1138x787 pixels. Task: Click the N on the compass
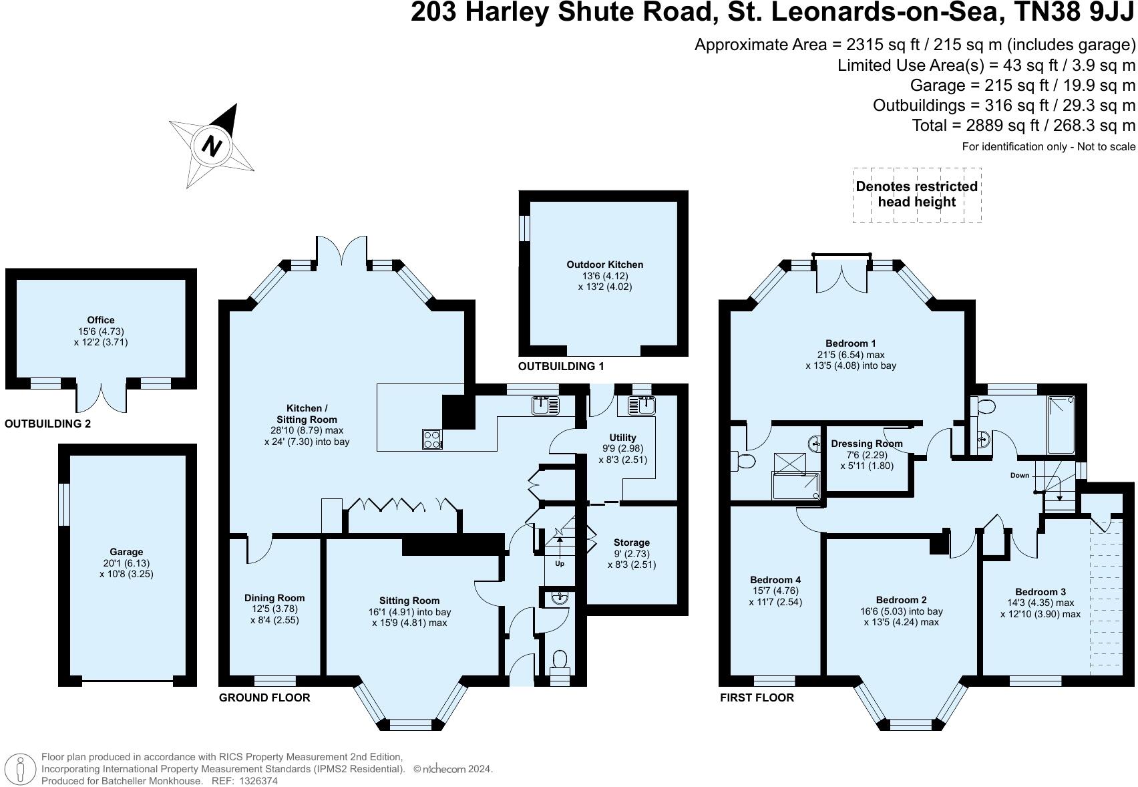[x=211, y=147]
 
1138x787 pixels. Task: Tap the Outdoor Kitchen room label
[x=604, y=265]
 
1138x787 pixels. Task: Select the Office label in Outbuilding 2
[x=101, y=320]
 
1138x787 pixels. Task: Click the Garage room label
[x=126, y=552]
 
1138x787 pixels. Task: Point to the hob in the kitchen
[x=432, y=439]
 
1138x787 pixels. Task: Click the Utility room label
[x=622, y=438]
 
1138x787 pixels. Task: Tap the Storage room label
[x=632, y=542]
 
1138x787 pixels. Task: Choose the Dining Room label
[x=274, y=598]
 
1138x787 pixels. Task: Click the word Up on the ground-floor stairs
[x=560, y=563]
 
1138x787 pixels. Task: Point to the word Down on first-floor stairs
[x=1020, y=476]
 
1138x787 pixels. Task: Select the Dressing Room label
[x=867, y=444]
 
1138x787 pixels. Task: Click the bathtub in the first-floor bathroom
[x=1061, y=426]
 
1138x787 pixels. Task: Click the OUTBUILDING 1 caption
[x=561, y=366]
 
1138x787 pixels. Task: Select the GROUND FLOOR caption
[x=264, y=697]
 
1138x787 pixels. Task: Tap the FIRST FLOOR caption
[x=757, y=697]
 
